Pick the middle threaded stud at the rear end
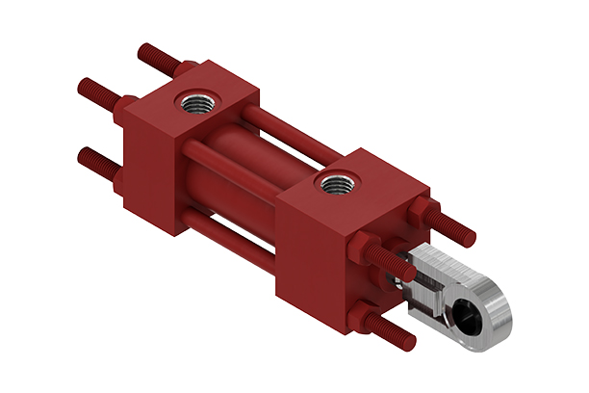coord(96,92)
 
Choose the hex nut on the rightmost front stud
coord(425,213)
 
